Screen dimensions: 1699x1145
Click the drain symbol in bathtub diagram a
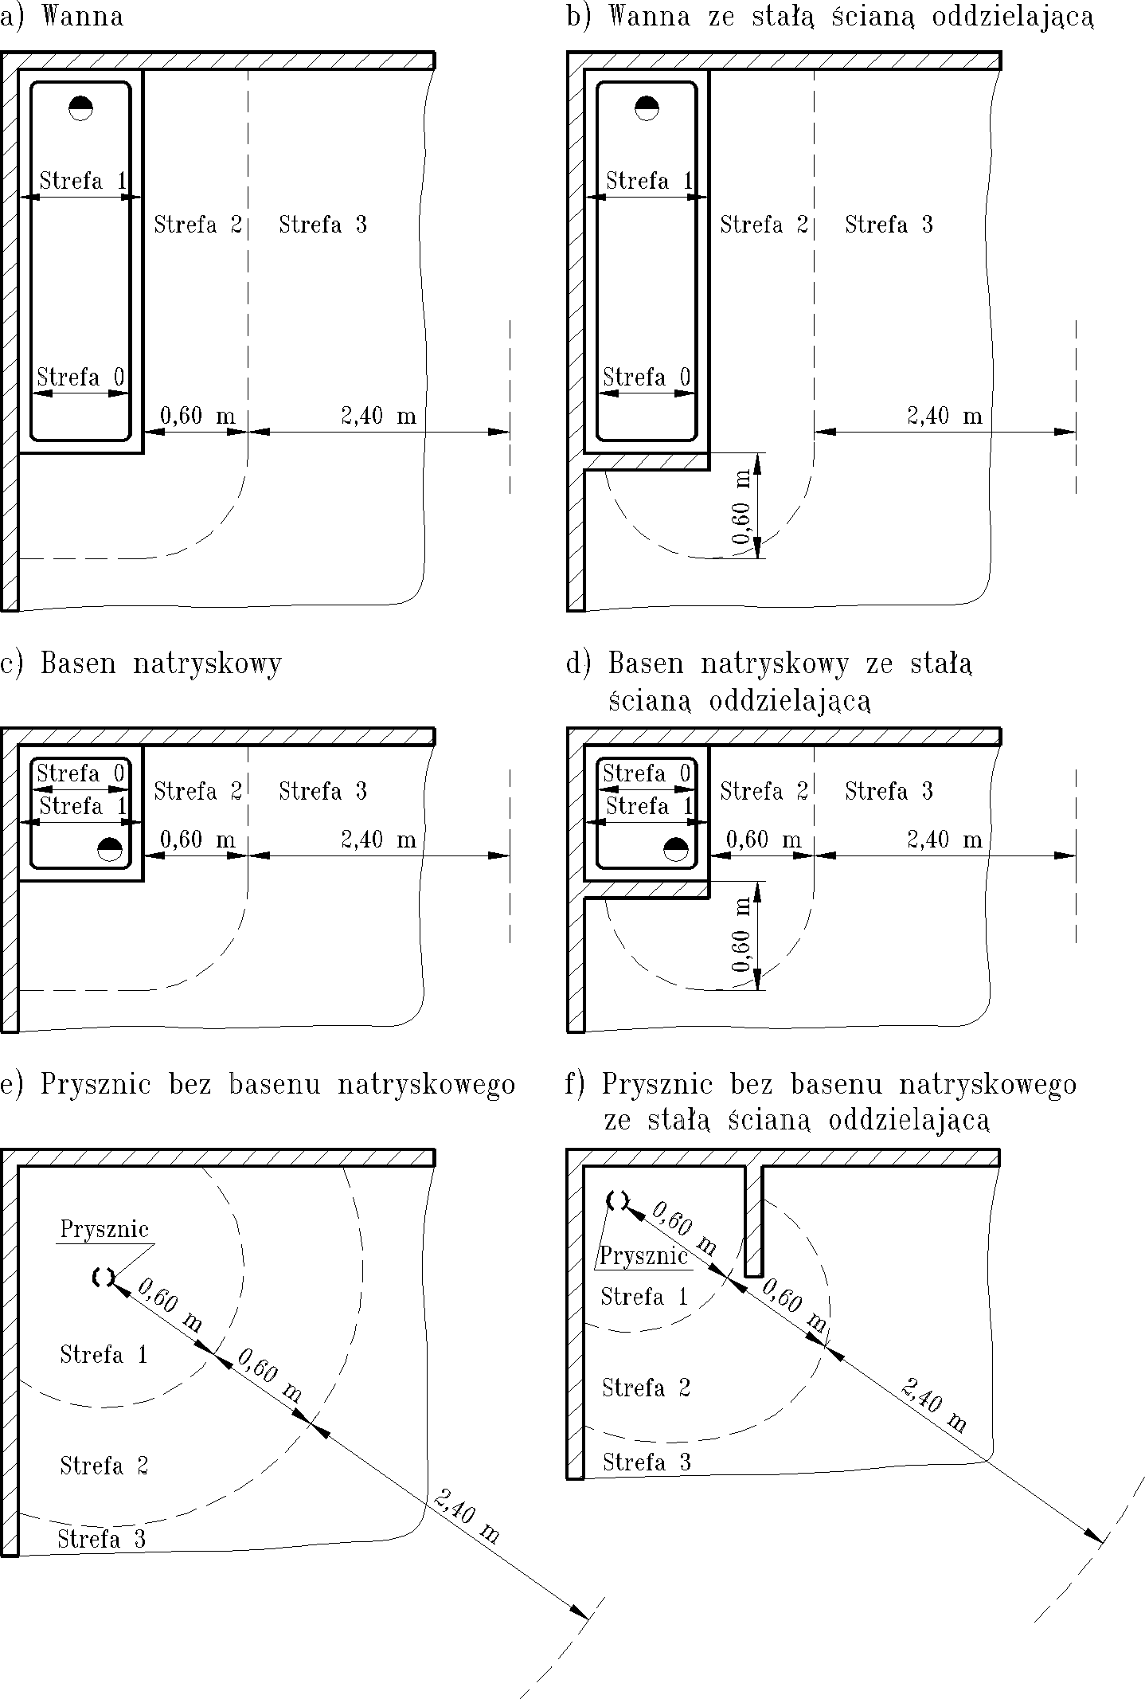[80, 108]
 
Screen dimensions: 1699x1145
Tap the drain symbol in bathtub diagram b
[647, 108]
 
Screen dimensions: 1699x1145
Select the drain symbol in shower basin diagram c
[109, 849]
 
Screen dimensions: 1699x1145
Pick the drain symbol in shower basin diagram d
[676, 849]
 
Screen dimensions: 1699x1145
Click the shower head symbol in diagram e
[103, 1277]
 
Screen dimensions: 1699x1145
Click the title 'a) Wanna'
[62, 17]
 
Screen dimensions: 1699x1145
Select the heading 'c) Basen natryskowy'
[141, 664]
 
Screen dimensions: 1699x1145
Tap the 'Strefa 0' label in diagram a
[80, 377]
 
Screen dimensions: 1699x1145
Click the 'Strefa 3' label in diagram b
[889, 225]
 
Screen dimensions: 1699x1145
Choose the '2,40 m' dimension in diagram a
[378, 416]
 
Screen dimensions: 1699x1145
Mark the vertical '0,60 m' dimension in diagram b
[741, 507]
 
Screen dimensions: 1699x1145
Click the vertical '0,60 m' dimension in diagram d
[741, 935]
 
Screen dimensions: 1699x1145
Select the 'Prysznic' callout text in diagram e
[104, 1229]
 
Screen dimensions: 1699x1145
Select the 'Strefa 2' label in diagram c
[197, 791]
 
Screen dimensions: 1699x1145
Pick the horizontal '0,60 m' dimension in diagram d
[764, 840]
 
